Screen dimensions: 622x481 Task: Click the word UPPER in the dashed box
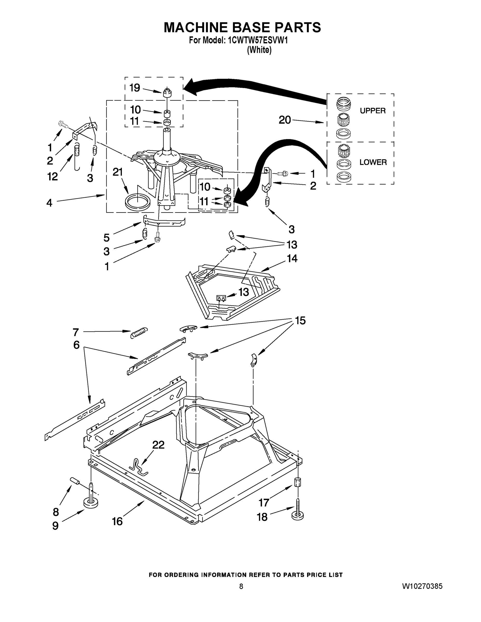pos(372,110)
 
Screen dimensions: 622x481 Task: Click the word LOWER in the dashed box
pos(373,162)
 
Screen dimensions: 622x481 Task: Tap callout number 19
pos(135,88)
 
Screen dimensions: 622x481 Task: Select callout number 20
pos(285,120)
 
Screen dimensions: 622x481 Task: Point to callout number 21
pos(118,172)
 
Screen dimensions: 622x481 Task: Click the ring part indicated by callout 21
pos(137,202)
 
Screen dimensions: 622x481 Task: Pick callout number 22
pos(158,445)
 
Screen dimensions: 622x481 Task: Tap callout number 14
pos(292,258)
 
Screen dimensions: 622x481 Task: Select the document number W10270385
pos(422,586)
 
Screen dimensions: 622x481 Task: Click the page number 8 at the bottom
pos(241,586)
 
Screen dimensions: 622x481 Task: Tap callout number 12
pos(52,176)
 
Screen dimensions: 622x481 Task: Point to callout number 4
pos(49,203)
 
